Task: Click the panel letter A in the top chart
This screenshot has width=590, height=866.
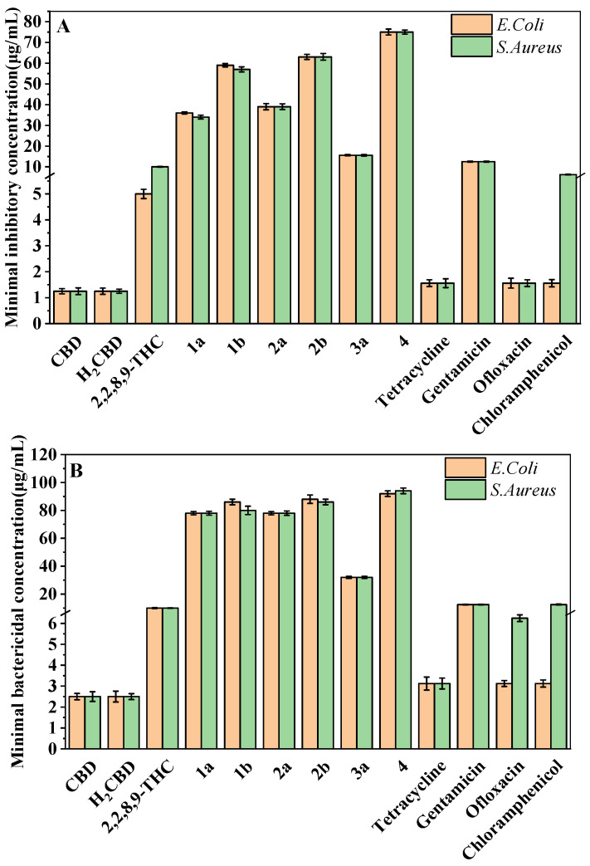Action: [x=64, y=27]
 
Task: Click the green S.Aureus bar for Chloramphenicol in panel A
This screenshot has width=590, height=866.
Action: [x=568, y=249]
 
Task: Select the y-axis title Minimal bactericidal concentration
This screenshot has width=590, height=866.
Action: [x=17, y=598]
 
